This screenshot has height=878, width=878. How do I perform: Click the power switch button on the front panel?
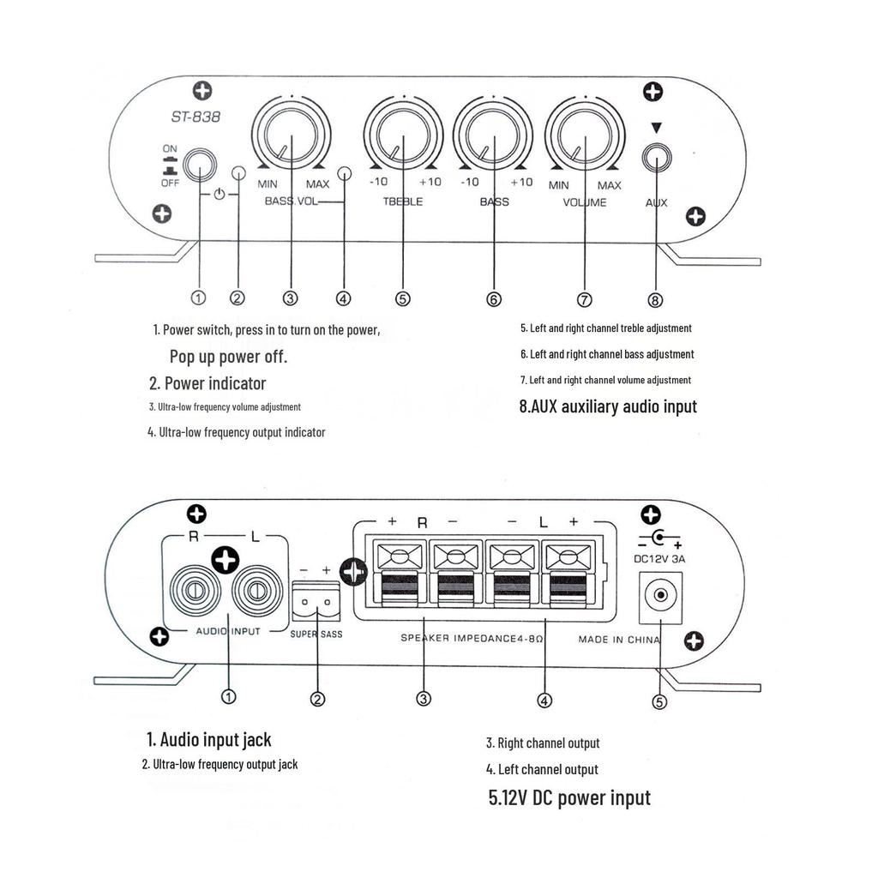pos(199,164)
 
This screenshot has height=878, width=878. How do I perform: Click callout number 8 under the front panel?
pos(656,299)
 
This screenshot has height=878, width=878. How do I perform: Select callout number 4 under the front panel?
pos(344,298)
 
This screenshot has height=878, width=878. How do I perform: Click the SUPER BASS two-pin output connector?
pos(316,603)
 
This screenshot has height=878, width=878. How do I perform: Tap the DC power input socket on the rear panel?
pos(661,596)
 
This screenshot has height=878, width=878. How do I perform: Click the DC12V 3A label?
pos(659,559)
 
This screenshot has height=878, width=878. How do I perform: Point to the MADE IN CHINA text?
pos(619,640)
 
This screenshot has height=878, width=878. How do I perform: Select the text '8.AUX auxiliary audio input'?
pos(608,406)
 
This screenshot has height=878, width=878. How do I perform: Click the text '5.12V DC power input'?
pos(569,798)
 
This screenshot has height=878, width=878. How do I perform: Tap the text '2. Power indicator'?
pos(207,383)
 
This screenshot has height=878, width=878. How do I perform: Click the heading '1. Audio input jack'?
pos(209,739)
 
